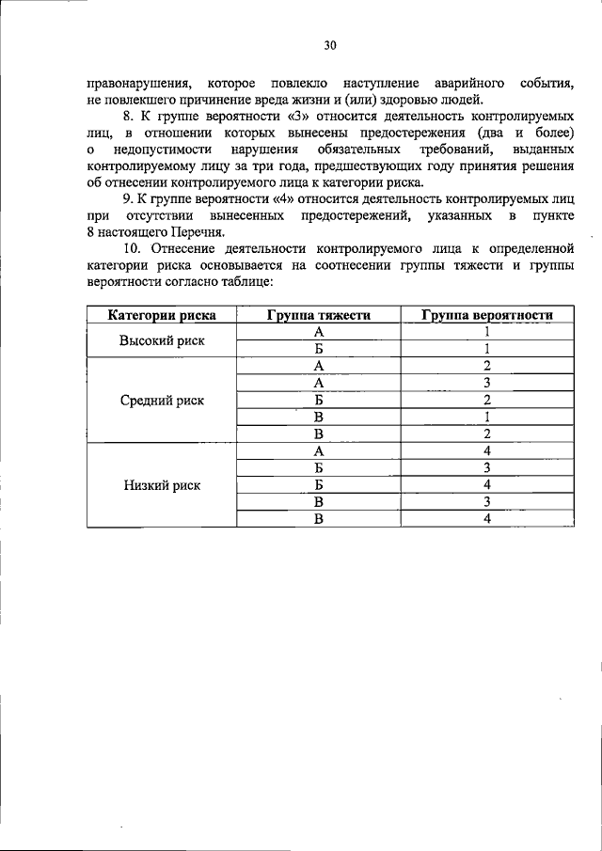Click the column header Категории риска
click(x=161, y=316)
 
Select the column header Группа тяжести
click(x=318, y=316)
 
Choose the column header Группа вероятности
click(x=486, y=316)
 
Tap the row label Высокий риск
click(x=161, y=340)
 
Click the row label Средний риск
click(x=162, y=401)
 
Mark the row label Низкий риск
click(x=162, y=485)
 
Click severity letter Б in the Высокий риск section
click(x=319, y=350)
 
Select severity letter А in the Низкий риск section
click(x=319, y=451)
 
